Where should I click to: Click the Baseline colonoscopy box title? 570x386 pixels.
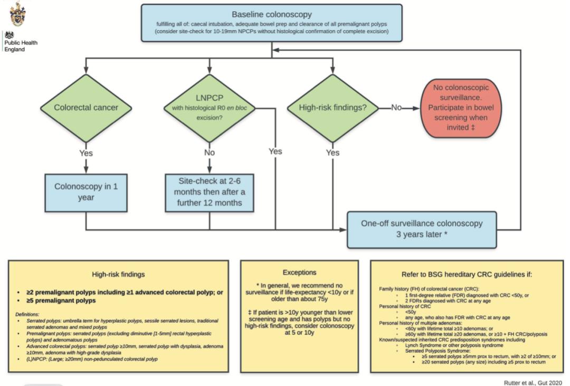(271, 14)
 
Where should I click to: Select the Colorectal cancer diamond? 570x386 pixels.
(86, 108)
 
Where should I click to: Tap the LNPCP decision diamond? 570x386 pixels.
(210, 108)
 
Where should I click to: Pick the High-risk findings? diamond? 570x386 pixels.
(333, 108)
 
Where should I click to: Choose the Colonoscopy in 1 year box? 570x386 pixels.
(86, 192)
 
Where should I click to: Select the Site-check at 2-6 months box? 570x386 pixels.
(210, 192)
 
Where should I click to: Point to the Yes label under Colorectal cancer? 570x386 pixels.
(86, 153)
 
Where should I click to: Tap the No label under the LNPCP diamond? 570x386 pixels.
(210, 153)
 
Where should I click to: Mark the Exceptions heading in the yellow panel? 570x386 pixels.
(299, 273)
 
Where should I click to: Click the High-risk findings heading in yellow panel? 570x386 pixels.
(118, 275)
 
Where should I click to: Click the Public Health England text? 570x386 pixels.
(21, 46)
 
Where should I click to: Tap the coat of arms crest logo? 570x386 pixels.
(17, 13)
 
